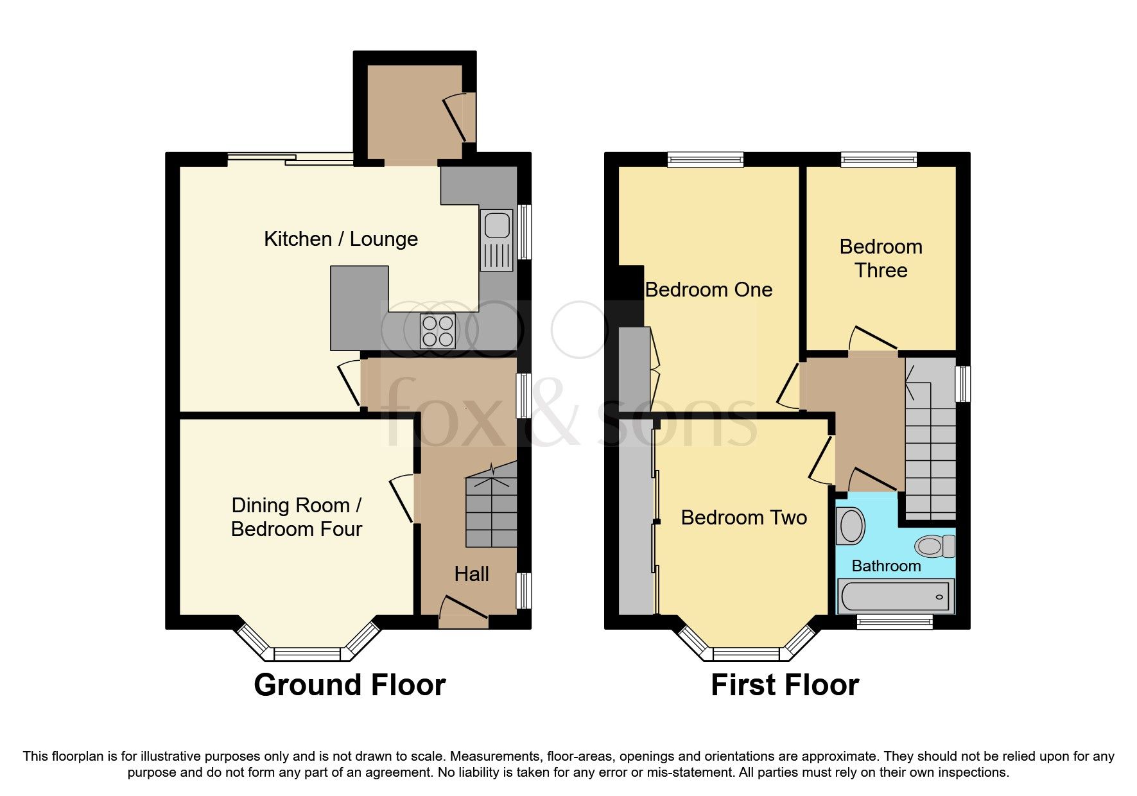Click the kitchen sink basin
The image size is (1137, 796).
pos(497,225)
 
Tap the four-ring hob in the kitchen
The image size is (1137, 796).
pos(438,331)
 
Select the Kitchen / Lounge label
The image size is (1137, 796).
pos(341,239)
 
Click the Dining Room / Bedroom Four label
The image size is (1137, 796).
pos(297,517)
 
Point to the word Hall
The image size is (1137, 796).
pos(471,574)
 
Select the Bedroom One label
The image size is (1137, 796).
pos(708,290)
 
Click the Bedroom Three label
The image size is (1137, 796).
pos(881,258)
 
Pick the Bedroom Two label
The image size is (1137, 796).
pos(743,517)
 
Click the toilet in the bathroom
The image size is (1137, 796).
pos(935,546)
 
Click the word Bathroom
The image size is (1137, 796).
pos(886,566)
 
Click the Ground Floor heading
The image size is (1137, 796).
pos(349,685)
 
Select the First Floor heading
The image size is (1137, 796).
pos(785,685)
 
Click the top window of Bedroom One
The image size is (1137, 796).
pos(705,159)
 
